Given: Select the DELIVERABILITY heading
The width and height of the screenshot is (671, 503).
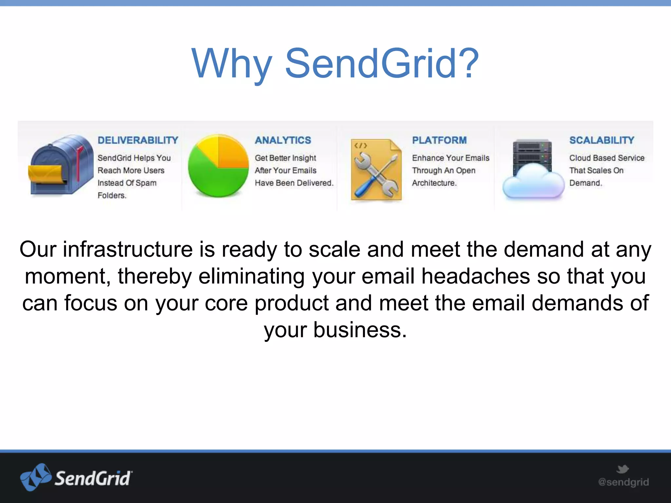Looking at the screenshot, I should click(138, 140).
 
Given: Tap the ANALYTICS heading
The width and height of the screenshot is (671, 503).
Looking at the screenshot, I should click(283, 140).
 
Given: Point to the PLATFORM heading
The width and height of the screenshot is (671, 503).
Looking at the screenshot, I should click(439, 140).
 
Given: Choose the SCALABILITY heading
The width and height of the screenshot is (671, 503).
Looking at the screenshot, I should click(602, 140).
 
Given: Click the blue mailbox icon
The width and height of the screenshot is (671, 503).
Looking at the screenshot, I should click(61, 165).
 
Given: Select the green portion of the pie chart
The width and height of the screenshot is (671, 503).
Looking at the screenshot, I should click(213, 177).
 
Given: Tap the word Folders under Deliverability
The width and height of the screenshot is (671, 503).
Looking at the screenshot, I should click(111, 196).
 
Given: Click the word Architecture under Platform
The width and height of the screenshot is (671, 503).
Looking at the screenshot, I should click(434, 183).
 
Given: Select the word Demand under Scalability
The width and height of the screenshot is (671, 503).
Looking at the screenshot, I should click(585, 183).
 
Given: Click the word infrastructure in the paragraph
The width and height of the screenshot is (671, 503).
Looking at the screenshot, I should click(127, 250).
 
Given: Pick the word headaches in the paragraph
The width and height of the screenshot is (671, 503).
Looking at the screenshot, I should click(475, 276).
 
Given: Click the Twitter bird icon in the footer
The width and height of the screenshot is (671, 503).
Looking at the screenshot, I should click(623, 469).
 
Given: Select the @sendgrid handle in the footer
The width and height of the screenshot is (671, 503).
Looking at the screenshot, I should click(623, 482).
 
